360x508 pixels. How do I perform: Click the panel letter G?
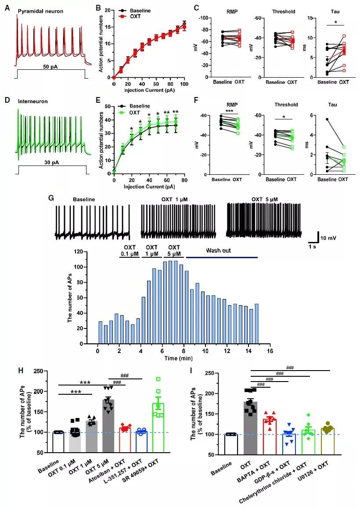(x=51, y=198)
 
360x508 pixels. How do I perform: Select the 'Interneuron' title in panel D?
(x=32, y=101)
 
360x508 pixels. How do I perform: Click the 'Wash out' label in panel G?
(x=218, y=252)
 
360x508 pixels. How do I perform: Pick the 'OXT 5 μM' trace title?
(x=265, y=200)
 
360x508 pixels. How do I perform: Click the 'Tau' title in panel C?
(x=330, y=12)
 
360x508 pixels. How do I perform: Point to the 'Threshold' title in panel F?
(x=286, y=105)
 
